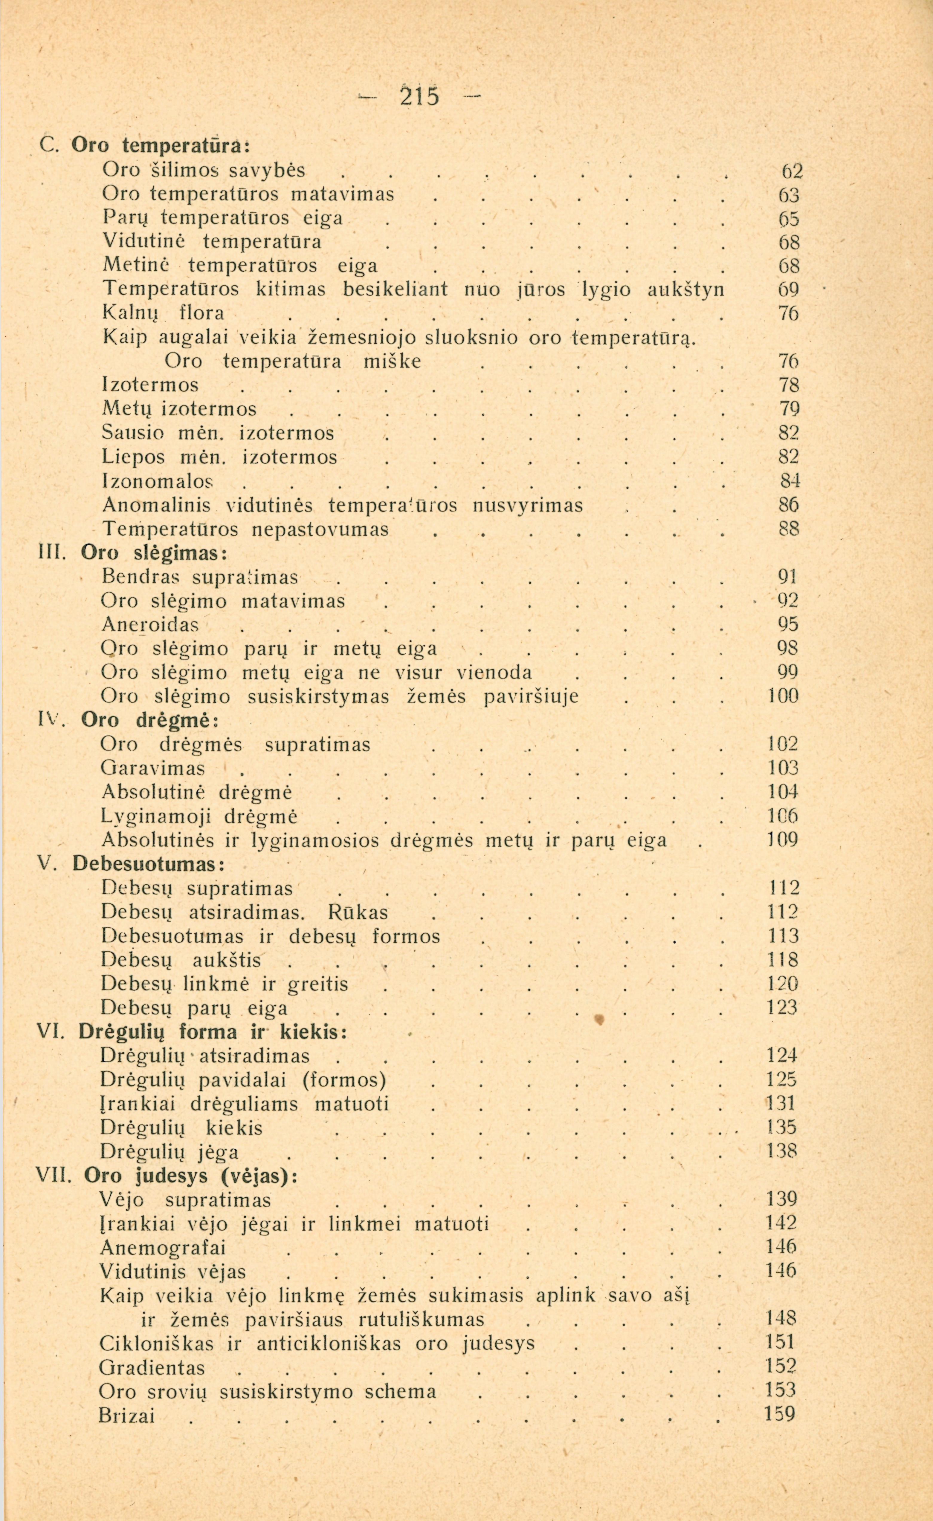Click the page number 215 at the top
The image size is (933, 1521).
[419, 96]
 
